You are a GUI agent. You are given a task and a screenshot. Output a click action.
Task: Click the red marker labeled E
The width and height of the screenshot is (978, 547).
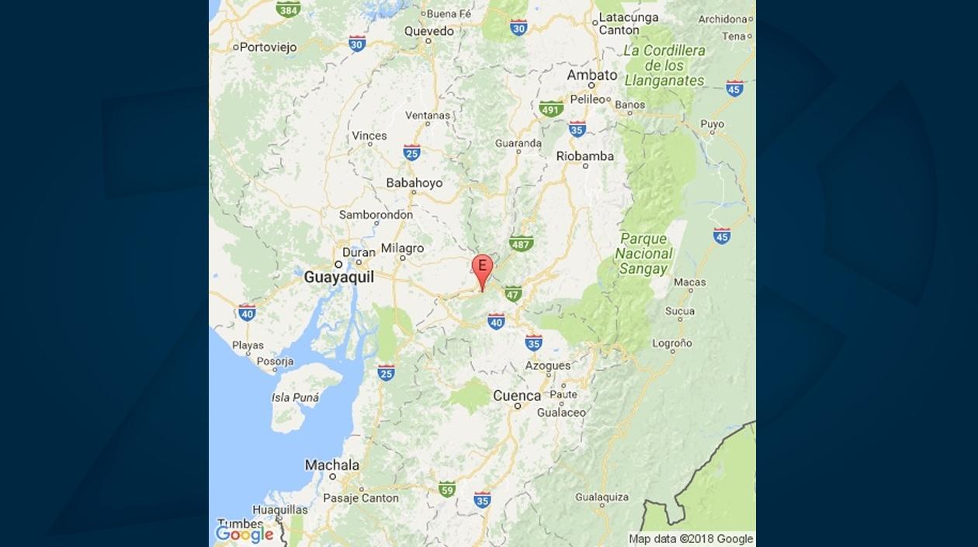click(x=482, y=268)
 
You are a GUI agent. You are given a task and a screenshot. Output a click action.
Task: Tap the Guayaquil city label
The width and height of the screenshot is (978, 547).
click(x=338, y=277)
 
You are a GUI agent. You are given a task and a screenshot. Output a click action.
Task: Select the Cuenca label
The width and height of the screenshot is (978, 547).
click(x=517, y=396)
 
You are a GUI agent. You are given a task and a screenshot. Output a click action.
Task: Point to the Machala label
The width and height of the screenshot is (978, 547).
click(x=331, y=465)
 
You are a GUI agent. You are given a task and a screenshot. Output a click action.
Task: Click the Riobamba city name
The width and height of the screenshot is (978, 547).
click(x=584, y=156)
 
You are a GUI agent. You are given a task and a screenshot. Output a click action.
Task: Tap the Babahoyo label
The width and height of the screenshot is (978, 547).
click(x=414, y=183)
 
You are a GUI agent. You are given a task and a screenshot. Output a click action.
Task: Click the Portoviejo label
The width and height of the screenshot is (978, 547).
click(x=268, y=47)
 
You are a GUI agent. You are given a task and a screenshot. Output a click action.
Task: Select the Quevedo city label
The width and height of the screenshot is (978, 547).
click(x=428, y=31)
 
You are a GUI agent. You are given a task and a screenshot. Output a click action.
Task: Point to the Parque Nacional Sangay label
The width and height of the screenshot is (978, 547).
click(x=643, y=254)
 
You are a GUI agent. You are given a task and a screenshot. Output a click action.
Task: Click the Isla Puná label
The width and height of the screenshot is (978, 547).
click(x=295, y=397)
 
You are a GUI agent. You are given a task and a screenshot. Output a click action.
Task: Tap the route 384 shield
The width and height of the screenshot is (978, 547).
click(x=288, y=9)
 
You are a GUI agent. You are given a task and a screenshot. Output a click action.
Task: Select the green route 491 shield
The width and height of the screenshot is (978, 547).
click(x=551, y=109)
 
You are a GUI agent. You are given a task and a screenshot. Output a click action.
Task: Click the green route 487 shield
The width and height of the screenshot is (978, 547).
click(x=521, y=244)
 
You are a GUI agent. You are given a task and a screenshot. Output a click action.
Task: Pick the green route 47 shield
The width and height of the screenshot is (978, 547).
click(x=512, y=293)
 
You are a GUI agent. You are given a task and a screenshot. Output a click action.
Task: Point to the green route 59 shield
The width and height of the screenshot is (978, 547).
click(x=446, y=489)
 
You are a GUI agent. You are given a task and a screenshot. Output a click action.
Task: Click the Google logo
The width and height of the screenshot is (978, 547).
click(x=244, y=534)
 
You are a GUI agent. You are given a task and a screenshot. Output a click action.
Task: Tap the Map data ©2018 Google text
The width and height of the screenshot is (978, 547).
click(x=691, y=538)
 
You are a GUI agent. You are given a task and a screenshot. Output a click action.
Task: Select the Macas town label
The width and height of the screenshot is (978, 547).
click(x=690, y=283)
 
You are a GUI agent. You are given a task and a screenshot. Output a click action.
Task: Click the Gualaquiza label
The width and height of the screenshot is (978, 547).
click(x=602, y=497)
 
